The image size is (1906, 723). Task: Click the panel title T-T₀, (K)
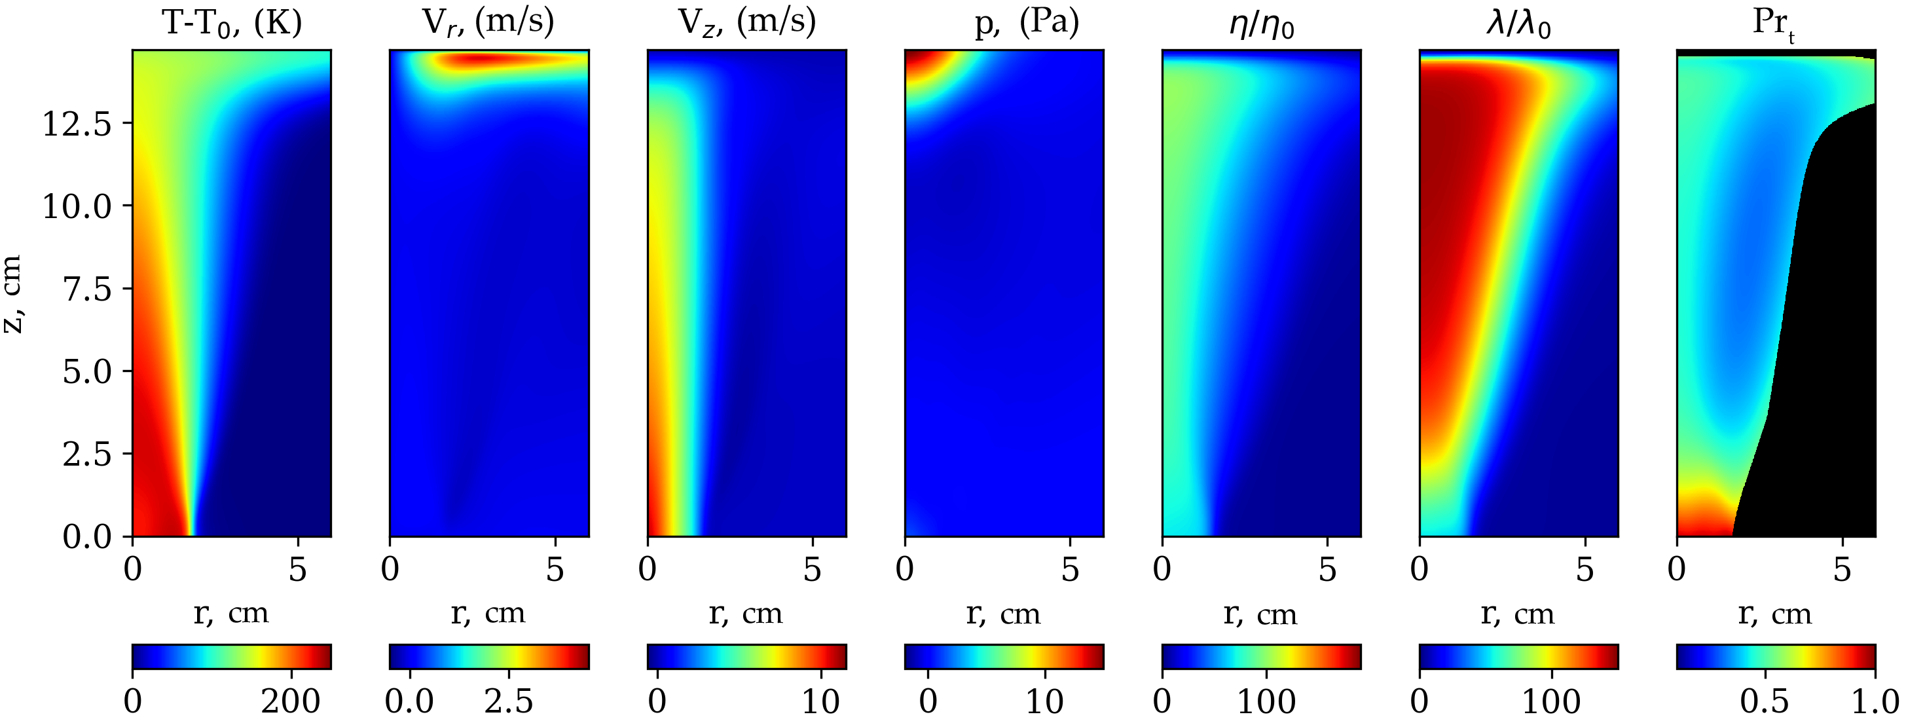point(232,24)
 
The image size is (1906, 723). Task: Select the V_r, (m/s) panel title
point(488,22)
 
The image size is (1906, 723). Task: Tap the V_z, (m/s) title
point(746,22)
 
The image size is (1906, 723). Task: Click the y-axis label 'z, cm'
point(13,294)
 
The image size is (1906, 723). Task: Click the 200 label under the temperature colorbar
point(291,701)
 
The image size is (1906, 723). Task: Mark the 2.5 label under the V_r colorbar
point(508,701)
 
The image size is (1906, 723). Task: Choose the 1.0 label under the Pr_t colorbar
point(1873,701)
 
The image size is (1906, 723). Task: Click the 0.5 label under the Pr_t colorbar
point(1765,701)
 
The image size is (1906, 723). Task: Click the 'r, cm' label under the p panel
point(1003,614)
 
